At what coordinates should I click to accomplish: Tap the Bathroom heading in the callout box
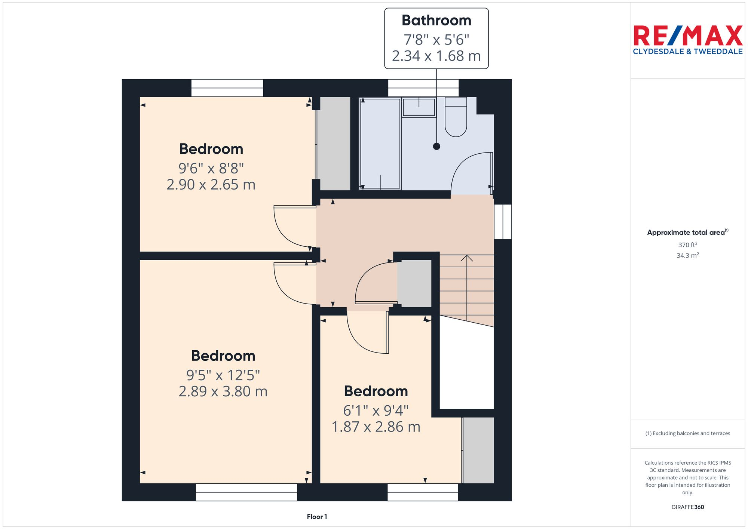coord(436,21)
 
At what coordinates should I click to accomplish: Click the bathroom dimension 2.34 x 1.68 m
coord(436,56)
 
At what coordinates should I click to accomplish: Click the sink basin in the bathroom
coord(419,107)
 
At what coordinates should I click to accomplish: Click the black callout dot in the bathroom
coord(436,147)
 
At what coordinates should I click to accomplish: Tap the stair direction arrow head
coord(467,258)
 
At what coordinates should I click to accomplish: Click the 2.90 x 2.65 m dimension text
coord(211,185)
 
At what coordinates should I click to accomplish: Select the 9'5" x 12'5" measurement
coord(223,375)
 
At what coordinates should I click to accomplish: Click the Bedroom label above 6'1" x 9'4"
coord(376,391)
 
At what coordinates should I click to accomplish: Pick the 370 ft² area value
coord(687,245)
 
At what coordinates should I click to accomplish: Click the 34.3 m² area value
coord(687,255)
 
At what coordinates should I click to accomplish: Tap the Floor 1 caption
coord(317,517)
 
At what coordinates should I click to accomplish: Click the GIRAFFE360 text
coord(687,507)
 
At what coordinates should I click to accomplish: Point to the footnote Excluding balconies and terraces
coord(687,433)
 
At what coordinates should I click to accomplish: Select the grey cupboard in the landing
coord(414,284)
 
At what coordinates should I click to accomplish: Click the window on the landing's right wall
coord(503,221)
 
